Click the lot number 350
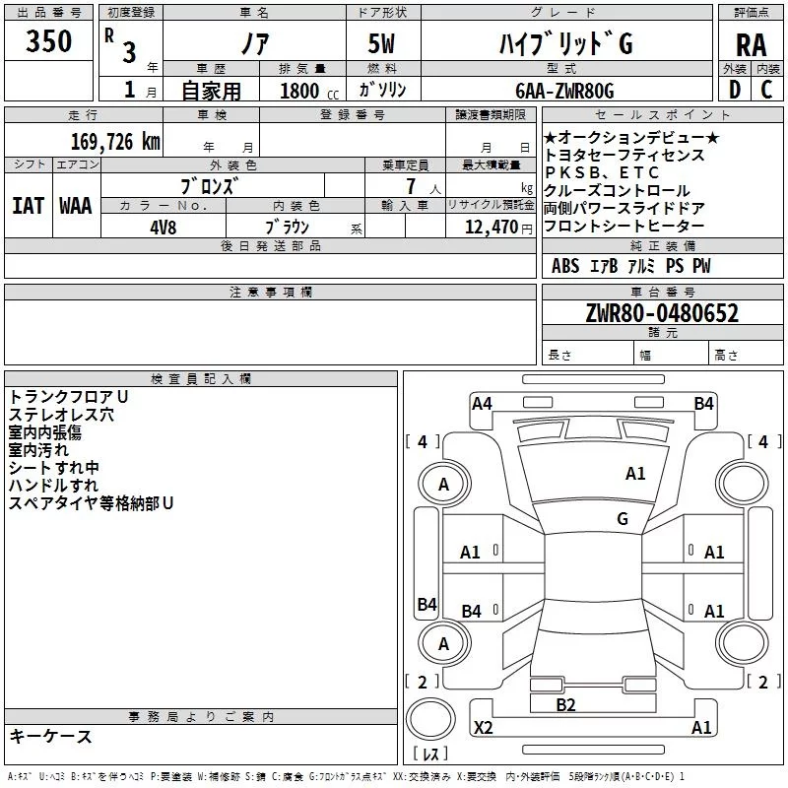click(48, 42)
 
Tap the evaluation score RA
click(751, 45)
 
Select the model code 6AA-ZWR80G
click(564, 91)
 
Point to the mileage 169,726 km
click(115, 142)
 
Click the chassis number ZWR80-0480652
click(662, 313)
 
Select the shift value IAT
click(28, 205)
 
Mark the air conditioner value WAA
click(76, 205)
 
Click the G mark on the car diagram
click(623, 519)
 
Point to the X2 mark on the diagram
click(483, 728)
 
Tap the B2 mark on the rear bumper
click(565, 704)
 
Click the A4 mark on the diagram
click(482, 403)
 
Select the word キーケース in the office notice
click(50, 736)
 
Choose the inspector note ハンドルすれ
click(53, 486)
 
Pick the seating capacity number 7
click(408, 186)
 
